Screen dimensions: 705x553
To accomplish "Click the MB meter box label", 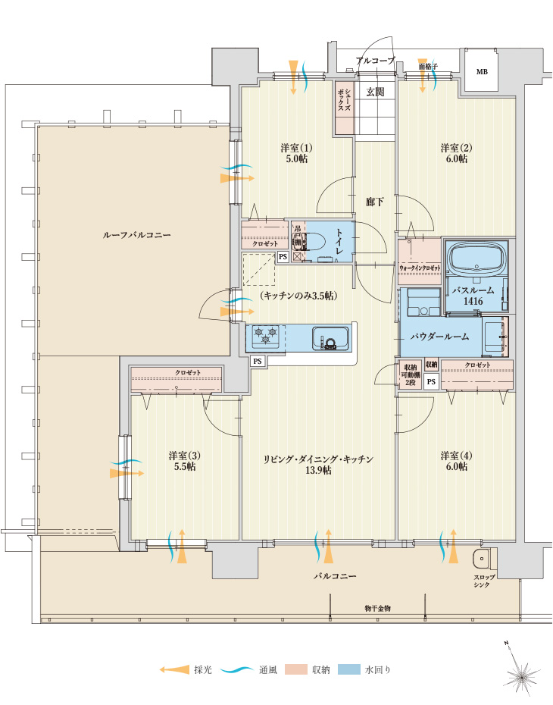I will pyautogui.click(x=482, y=72).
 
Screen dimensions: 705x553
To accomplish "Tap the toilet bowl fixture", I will pyautogui.click(x=312, y=242).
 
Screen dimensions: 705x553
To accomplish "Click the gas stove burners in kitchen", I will pyautogui.click(x=265, y=334).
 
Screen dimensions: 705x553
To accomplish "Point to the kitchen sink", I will pyautogui.click(x=330, y=337).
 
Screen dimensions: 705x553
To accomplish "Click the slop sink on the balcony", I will pyautogui.click(x=481, y=561).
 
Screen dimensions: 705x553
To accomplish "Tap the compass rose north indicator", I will pyautogui.click(x=521, y=670).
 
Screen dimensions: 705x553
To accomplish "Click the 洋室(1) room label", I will pyautogui.click(x=296, y=147).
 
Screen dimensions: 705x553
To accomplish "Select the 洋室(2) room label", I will pyautogui.click(x=456, y=147).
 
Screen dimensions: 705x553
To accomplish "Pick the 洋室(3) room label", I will pyautogui.click(x=184, y=455).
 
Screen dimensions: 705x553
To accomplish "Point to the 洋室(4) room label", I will pyautogui.click(x=456, y=455).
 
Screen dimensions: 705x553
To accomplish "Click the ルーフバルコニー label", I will pyautogui.click(x=136, y=235).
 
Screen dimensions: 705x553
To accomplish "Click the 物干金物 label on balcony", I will pyautogui.click(x=377, y=608).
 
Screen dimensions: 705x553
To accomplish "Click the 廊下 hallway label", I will pyautogui.click(x=374, y=202).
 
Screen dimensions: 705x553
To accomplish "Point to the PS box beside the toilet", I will pyautogui.click(x=283, y=257).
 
